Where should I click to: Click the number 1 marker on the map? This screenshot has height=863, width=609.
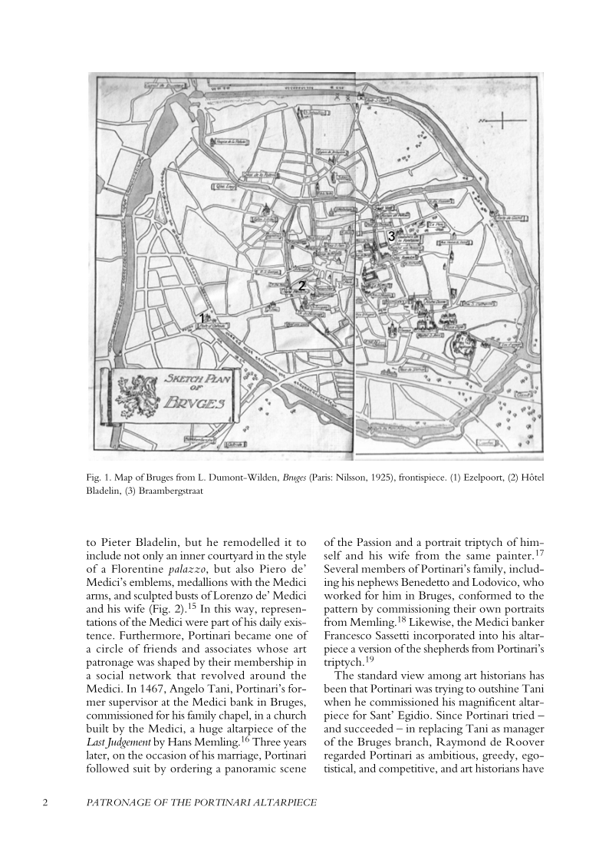click(202, 318)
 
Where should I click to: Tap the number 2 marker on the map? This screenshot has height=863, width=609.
click(302, 285)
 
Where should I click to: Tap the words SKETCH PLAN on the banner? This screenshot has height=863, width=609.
click(193, 379)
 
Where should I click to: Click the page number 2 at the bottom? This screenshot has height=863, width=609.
click(45, 802)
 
